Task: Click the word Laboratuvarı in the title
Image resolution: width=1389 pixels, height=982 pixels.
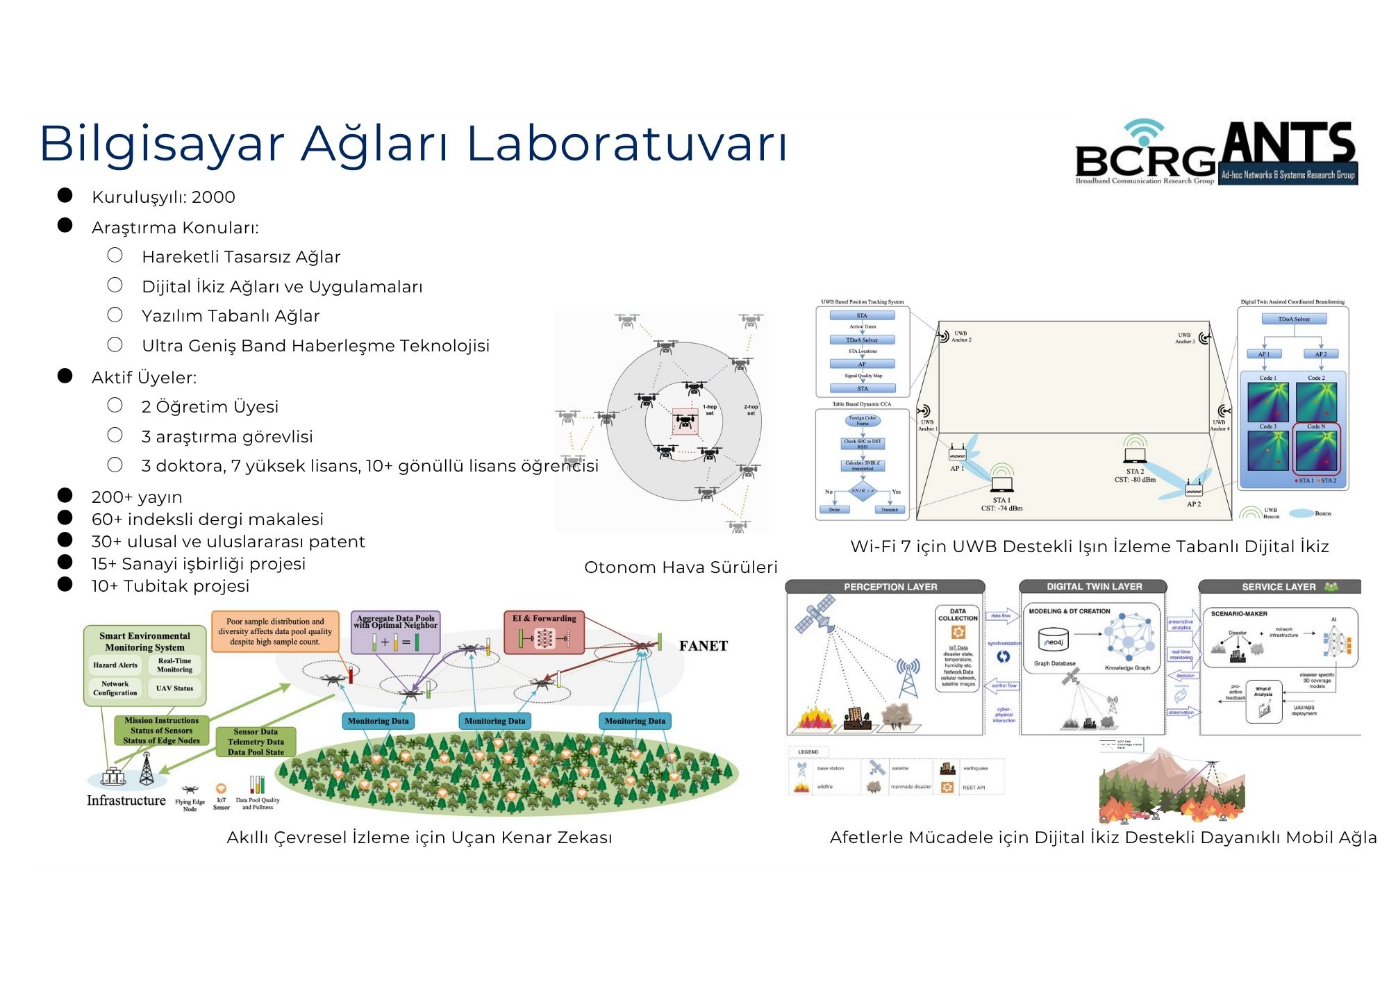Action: (x=626, y=144)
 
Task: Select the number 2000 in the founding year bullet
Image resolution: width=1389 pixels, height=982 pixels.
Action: (x=213, y=197)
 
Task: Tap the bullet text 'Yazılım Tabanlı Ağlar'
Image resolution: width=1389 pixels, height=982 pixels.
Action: (x=231, y=316)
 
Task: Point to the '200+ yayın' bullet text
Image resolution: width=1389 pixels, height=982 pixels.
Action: (x=137, y=497)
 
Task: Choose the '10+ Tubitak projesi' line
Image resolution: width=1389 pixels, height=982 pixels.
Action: (x=170, y=586)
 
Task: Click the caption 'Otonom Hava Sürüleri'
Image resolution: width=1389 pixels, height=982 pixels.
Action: (x=681, y=567)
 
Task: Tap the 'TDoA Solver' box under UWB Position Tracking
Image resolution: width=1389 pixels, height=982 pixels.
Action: (x=862, y=340)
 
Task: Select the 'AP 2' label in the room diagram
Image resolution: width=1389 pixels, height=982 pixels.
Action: (x=1194, y=504)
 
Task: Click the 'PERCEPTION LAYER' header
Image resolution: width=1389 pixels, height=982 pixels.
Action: (x=890, y=587)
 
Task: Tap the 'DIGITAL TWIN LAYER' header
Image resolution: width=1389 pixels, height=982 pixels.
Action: (x=1094, y=587)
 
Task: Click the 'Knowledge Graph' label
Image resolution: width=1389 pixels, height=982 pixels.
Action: (x=1127, y=668)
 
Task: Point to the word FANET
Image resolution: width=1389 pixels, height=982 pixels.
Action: (x=703, y=647)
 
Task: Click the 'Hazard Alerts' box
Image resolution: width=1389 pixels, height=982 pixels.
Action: (x=115, y=665)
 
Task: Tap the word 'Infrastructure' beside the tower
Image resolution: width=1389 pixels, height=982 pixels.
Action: (x=126, y=801)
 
